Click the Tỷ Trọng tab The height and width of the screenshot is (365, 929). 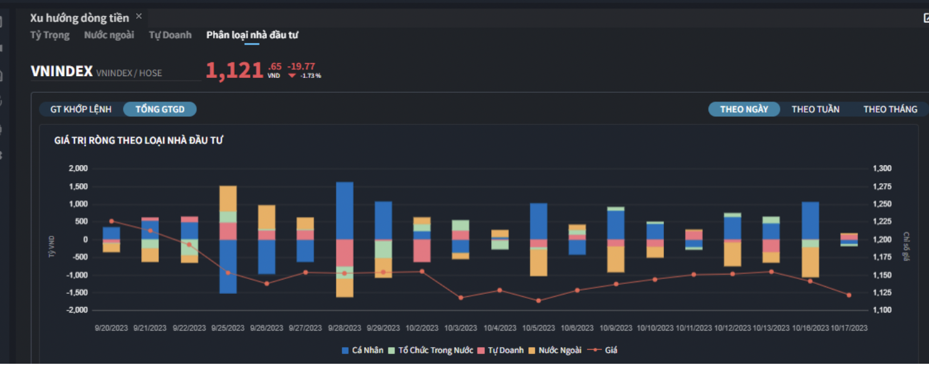click(x=50, y=35)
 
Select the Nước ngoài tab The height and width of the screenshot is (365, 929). click(x=109, y=35)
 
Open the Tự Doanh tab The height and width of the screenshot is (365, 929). click(x=170, y=35)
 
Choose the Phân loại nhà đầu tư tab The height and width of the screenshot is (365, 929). click(x=252, y=35)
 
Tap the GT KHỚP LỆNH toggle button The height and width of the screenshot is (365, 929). click(x=81, y=109)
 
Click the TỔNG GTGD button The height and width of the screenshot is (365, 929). click(x=160, y=109)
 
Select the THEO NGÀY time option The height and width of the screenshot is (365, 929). click(x=744, y=109)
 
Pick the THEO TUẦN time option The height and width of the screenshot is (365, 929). click(x=816, y=109)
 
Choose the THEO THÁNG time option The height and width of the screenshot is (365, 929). click(x=890, y=109)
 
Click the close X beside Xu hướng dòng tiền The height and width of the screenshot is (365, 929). click(x=139, y=16)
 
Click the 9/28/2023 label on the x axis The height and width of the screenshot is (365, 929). click(x=344, y=328)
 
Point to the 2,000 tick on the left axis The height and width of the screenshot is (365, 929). click(x=78, y=169)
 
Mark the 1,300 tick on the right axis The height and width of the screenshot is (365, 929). click(x=882, y=169)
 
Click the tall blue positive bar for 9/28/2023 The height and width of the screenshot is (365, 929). click(x=344, y=210)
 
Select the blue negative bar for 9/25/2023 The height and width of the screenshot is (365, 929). click(x=228, y=266)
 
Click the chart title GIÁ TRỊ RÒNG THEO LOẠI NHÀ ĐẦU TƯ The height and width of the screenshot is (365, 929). click(x=139, y=141)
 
